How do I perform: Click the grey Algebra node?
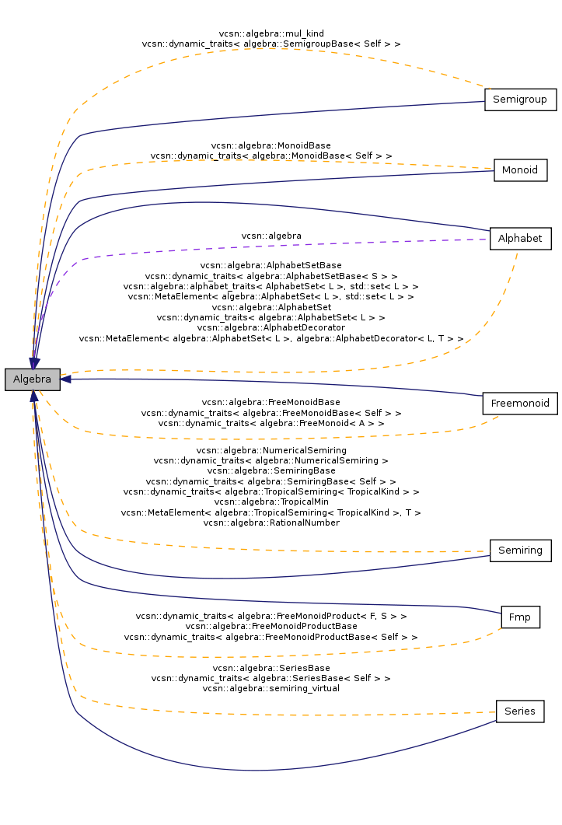pos(32,379)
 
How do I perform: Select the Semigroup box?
pos(520,100)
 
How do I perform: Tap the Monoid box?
pos(521,170)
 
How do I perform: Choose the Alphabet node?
pos(521,239)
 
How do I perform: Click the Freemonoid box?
pos(520,404)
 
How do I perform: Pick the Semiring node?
pos(521,551)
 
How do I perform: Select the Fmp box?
pos(520,617)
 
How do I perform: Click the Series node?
pos(520,711)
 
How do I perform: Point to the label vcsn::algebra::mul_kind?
pos(271,33)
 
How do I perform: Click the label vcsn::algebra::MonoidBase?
pos(271,145)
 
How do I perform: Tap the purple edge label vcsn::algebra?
pos(271,236)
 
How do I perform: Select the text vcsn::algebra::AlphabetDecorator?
pos(271,327)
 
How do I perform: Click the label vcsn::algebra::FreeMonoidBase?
pos(271,403)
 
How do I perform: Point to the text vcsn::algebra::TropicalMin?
pos(271,502)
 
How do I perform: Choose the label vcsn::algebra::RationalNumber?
pos(271,523)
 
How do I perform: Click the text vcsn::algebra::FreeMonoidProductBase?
pos(271,626)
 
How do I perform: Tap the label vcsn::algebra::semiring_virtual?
pos(271,688)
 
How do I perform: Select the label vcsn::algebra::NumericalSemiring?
pos(271,450)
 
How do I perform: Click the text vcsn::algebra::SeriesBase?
pos(271,668)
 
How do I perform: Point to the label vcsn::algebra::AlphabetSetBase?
pos(271,266)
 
